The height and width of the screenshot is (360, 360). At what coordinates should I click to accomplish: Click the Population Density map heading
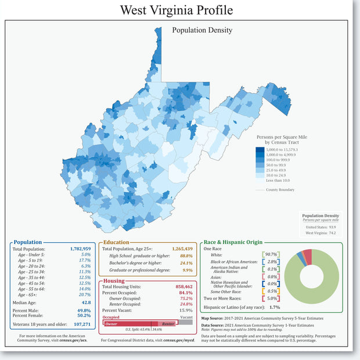pos(202,30)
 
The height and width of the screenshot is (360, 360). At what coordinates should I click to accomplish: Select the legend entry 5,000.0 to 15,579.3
pos(281,150)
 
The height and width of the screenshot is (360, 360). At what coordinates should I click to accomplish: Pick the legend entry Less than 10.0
pos(278,180)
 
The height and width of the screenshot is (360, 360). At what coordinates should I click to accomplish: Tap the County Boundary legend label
pos(280,190)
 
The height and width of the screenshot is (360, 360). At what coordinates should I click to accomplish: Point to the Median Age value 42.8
pos(86,303)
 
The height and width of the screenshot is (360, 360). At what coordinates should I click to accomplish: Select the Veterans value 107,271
pos(79,325)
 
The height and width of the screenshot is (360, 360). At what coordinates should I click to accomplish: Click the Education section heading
pos(116,242)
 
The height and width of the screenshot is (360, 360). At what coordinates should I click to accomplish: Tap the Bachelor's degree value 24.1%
pos(186,262)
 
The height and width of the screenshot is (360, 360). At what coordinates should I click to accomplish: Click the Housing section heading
pos(114,280)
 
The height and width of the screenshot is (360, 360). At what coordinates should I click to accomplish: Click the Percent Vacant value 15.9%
pos(186,310)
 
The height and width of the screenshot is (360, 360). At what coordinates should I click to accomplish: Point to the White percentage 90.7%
pos(271,254)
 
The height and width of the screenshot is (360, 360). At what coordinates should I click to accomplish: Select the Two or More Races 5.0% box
pos(271,298)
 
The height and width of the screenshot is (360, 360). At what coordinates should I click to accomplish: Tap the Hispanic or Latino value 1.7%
pos(275,307)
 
